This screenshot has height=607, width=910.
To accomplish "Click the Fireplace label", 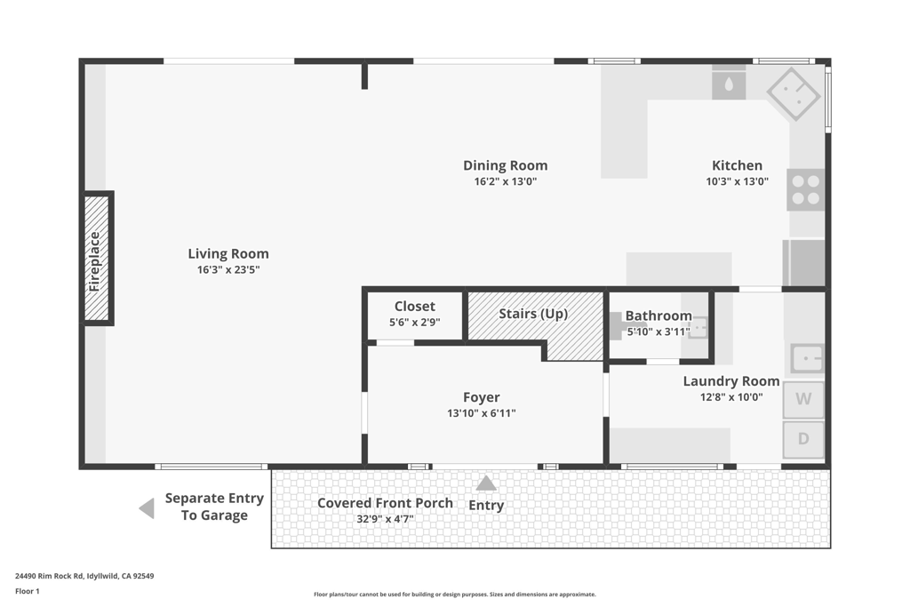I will pos(96,260).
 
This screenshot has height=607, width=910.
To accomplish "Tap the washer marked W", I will pos(803,399).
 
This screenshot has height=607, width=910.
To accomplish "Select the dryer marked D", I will pos(803,439).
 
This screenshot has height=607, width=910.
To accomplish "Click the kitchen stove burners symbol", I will pos(805,190).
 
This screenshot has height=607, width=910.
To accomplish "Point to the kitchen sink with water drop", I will pos(729,84).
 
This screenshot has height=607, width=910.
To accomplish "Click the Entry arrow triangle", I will pos(486,483).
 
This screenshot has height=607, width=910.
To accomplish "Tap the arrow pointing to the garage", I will pos(147,508).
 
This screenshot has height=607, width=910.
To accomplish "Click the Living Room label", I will pos(228,253).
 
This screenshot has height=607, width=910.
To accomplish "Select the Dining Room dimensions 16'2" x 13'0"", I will pos(505,181).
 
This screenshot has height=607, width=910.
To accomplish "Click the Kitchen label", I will pos(737,165).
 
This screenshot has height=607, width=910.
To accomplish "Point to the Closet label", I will pos(415,307).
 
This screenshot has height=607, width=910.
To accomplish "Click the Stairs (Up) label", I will pos(533,314).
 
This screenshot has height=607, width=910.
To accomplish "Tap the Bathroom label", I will pos(659,315).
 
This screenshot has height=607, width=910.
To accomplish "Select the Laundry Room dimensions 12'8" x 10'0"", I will pos(731,397).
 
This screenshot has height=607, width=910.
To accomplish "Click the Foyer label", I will pos(482,397).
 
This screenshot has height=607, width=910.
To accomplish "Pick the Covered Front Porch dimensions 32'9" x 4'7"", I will pos(385,519).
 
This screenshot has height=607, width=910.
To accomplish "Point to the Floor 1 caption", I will pos(28,591).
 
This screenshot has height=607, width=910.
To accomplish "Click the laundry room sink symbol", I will pos(807,358).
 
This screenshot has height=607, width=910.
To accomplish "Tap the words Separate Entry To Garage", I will pos(214,507).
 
